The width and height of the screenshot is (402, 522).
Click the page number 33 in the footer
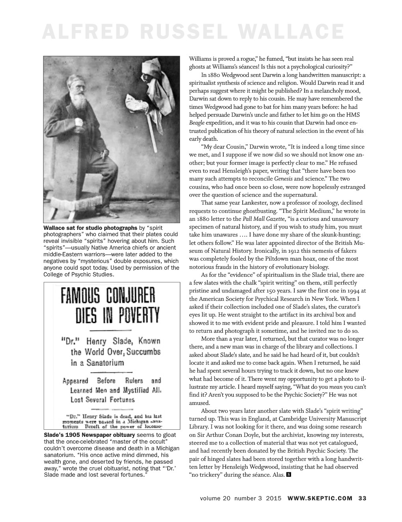362,498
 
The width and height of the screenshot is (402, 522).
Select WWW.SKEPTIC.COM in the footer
320,498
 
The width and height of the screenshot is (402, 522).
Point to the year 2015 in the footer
273,498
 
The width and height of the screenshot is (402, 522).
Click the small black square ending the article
288,474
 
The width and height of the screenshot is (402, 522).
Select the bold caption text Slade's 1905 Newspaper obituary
89,435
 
